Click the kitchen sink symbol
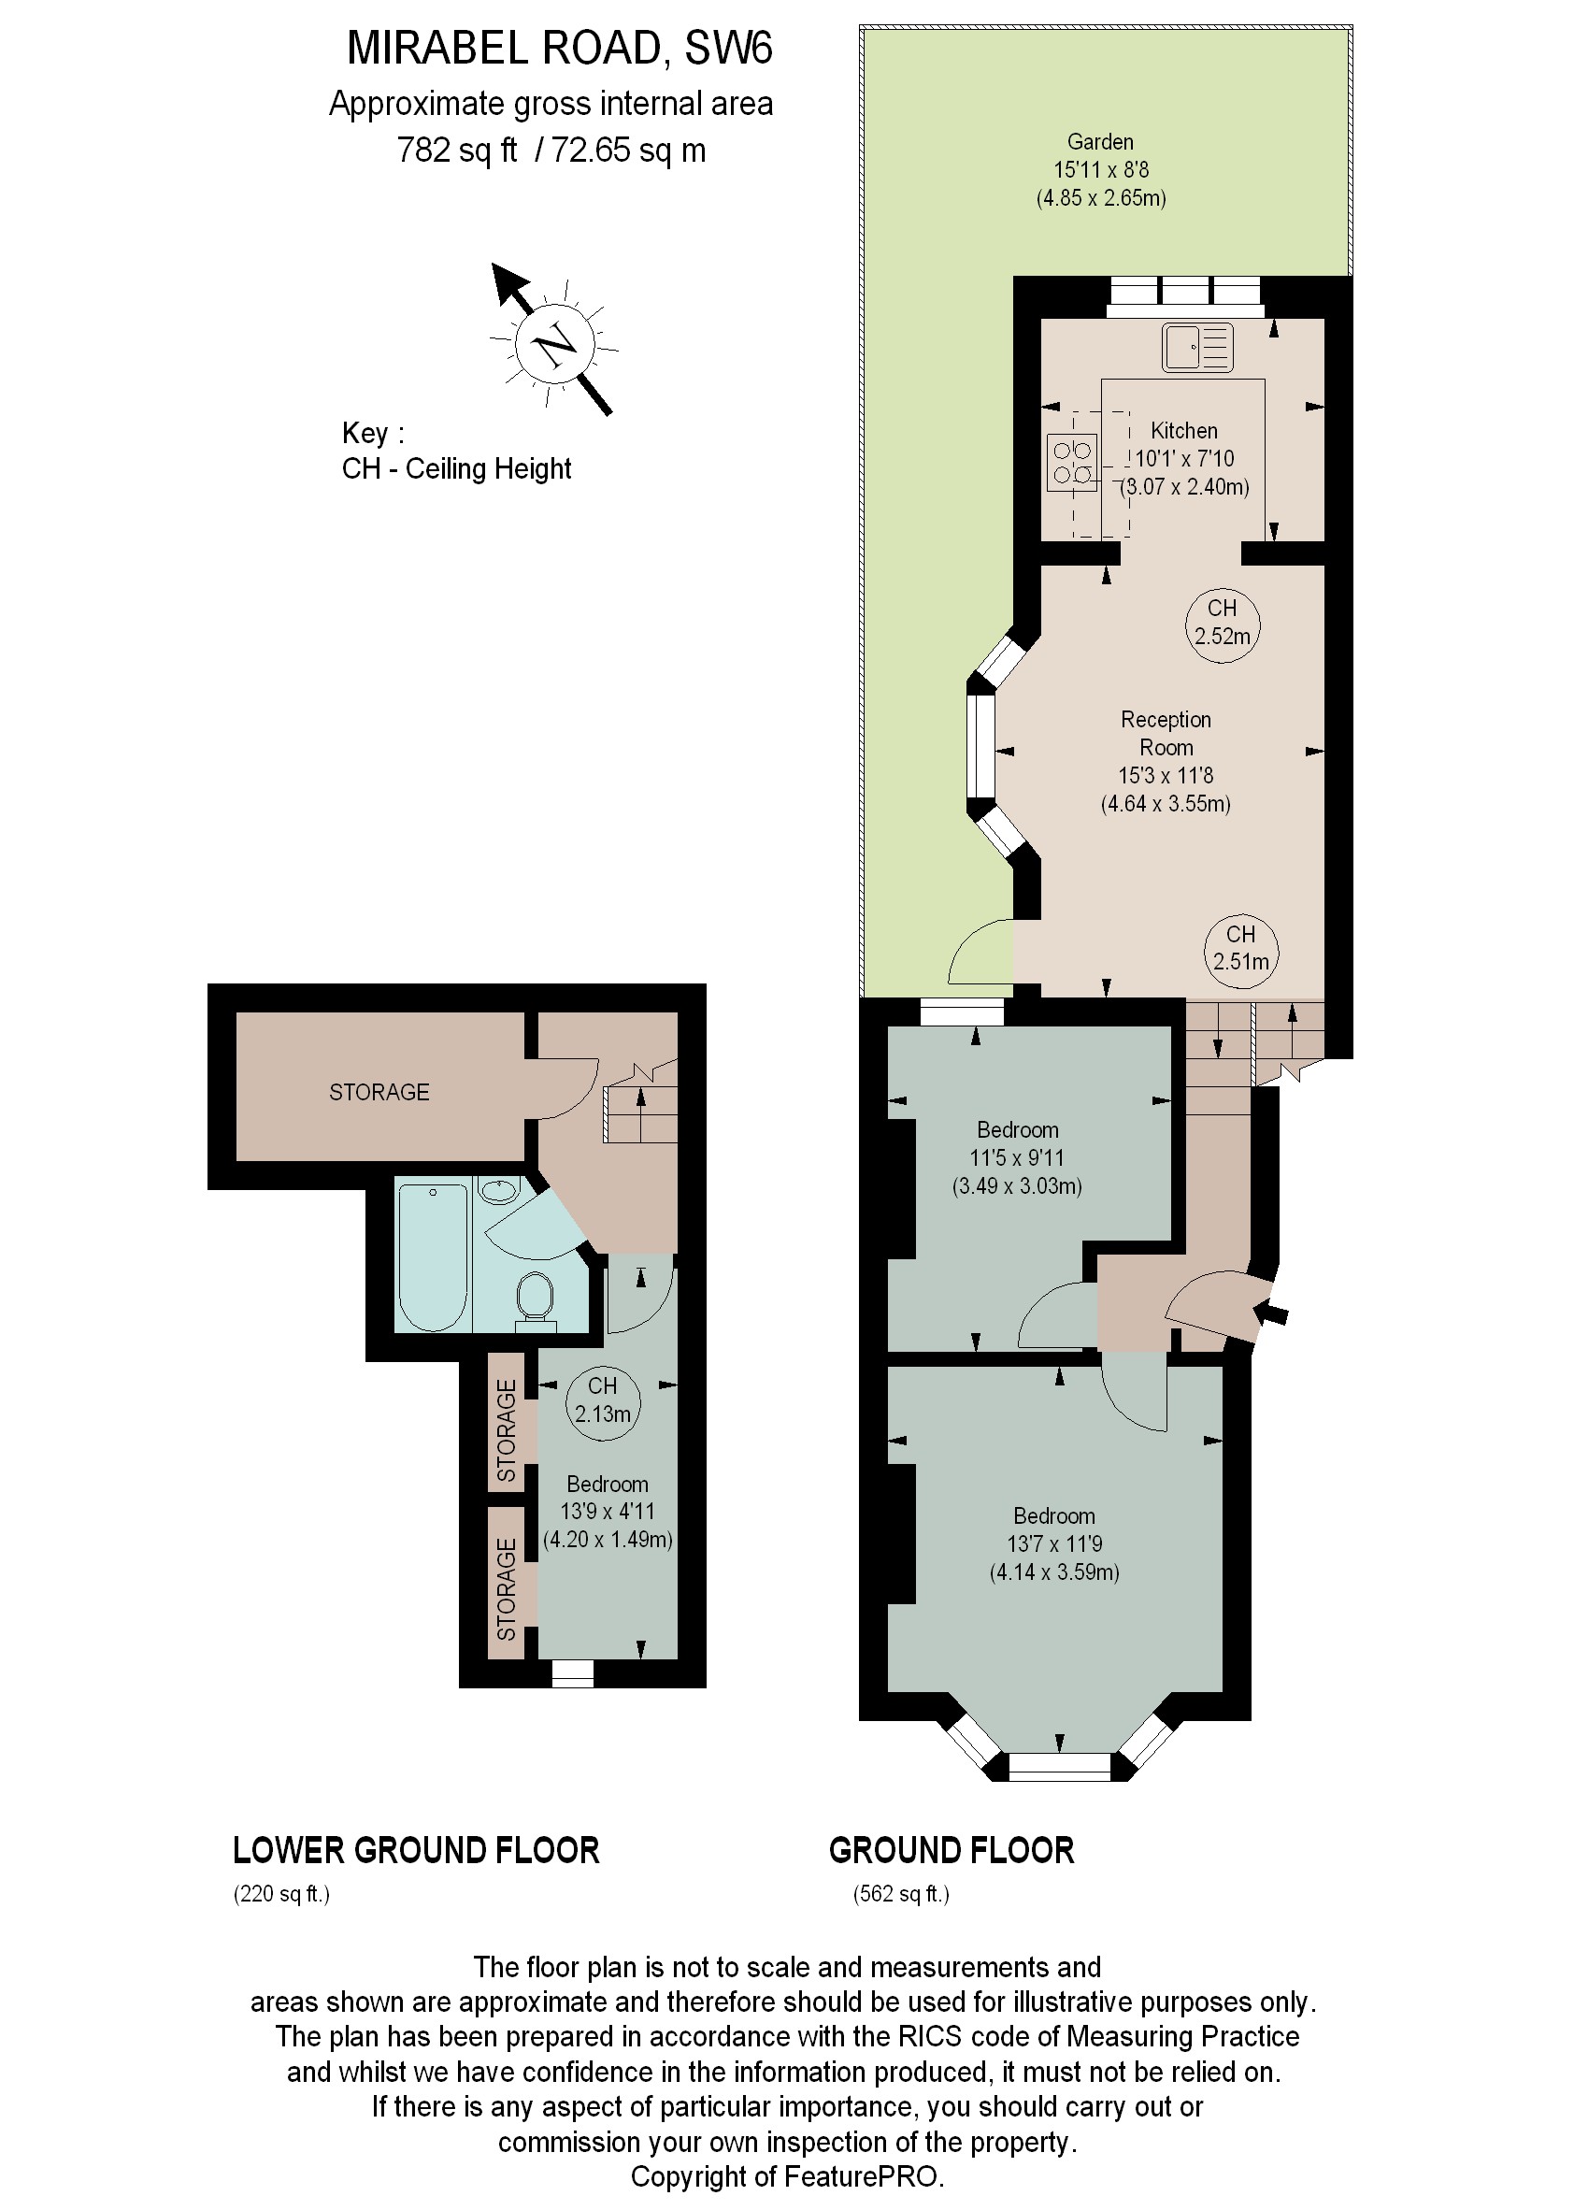coord(1198,348)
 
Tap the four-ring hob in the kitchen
coord(1072,463)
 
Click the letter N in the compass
coord(553,345)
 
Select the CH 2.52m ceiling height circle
coord(1223,624)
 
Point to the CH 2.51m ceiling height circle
coord(1240,949)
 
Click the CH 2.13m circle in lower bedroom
coord(602,1400)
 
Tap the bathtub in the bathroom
coord(432,1256)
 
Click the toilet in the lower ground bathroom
coord(535,1297)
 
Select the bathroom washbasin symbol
coord(499,1190)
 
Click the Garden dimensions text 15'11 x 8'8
coord(1101,170)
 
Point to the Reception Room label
coord(1165,733)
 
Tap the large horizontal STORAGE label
coord(379,1093)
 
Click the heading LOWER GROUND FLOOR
coord(416,1850)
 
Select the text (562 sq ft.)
coord(900,1894)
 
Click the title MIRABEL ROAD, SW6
coord(559,49)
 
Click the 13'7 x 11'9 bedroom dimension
coord(1053,1544)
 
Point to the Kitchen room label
coord(1183,430)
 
